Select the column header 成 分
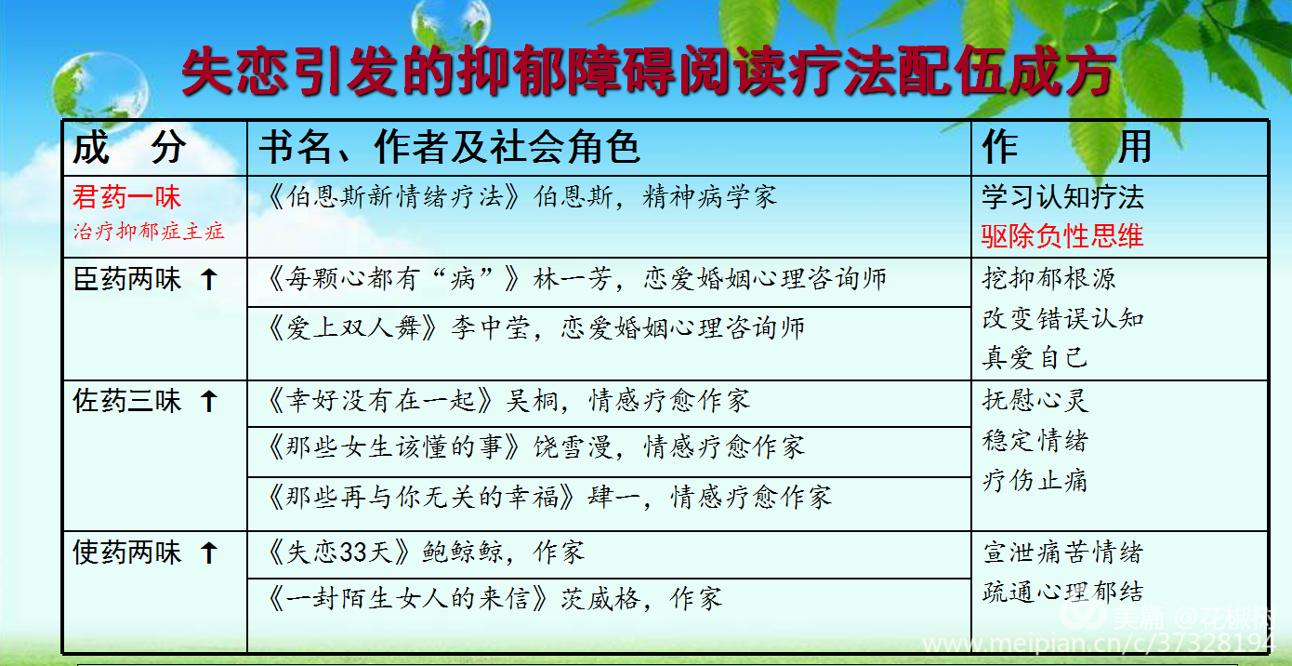pos(130,147)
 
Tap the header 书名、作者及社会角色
pos(449,147)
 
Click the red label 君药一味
pos(127,197)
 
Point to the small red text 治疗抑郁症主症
pos(149,232)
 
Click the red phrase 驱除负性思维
pos(1062,236)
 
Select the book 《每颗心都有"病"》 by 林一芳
pos(577,279)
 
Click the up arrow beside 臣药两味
pos(209,279)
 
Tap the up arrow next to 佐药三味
pos(209,401)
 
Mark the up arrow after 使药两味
pos(209,553)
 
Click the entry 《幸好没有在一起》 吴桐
pos(508,401)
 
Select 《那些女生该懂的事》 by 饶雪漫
pos(535,447)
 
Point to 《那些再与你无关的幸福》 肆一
pos(549,497)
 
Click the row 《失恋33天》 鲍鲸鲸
pos(426,552)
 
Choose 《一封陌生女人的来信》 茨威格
pos(494,598)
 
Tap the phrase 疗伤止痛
pos(1035,480)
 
